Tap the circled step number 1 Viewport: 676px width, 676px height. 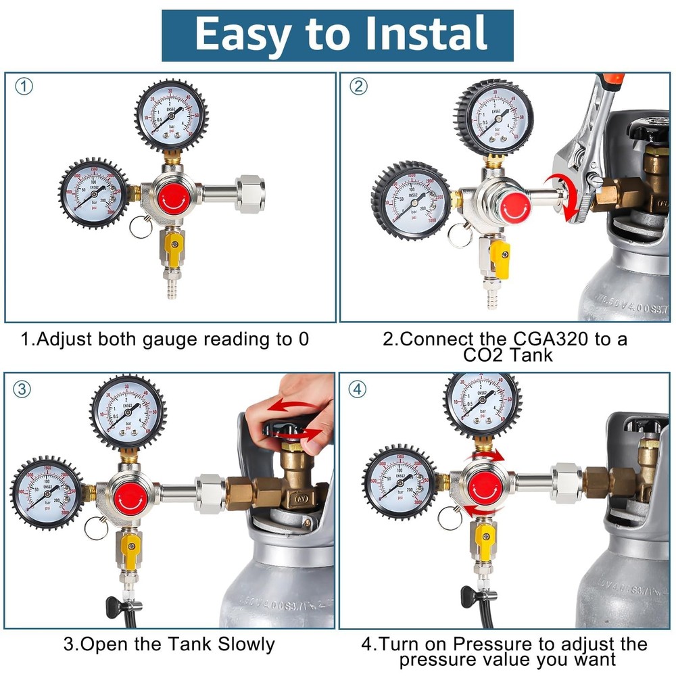point(24,87)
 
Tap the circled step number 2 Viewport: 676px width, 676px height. point(358,87)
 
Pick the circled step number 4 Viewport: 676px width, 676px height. point(358,389)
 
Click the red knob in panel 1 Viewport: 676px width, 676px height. point(174,197)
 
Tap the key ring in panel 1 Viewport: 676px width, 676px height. point(141,227)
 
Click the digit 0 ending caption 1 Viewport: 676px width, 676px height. point(303,339)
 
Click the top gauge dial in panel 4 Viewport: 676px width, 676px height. point(482,404)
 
